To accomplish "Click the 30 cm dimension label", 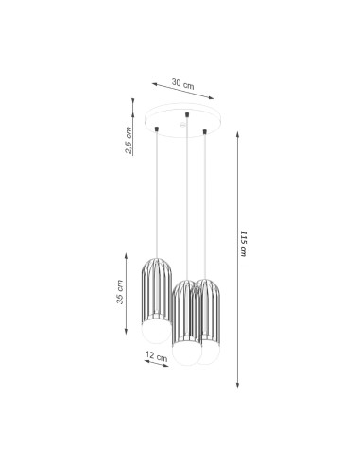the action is coord(182,84).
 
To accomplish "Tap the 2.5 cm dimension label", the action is coord(129,140).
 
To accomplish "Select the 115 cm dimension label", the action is coord(243,244).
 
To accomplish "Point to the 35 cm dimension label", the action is coord(120,292).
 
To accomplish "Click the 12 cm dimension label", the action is coord(157,356).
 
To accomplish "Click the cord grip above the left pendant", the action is coord(157,129).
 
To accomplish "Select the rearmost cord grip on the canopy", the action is coord(187,114).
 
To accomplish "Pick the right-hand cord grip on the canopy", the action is coord(205,131).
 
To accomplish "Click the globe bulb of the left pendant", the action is coord(155,333).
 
